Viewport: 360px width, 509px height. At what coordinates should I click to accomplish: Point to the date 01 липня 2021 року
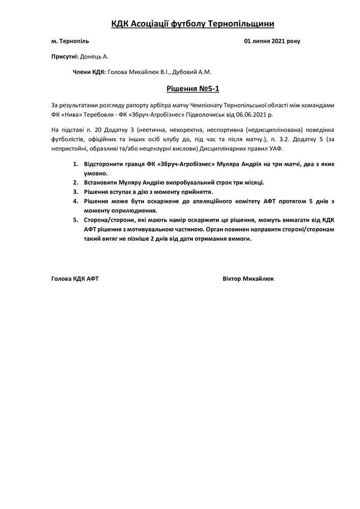pos(272,41)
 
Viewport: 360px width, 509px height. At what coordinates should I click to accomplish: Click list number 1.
pos(75,164)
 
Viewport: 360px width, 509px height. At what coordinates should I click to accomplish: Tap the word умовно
pos(95,173)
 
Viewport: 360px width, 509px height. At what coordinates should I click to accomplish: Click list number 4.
pos(75,201)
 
